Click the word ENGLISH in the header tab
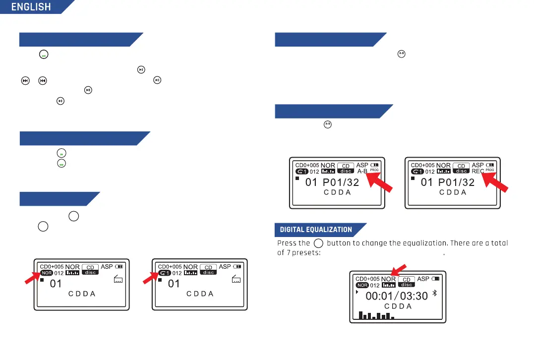tap(31, 7)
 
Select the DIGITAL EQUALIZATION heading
tap(316, 230)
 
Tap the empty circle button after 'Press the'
tap(318, 243)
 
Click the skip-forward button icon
tap(25, 81)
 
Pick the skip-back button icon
tap(43, 81)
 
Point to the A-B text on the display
tap(362, 171)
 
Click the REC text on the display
tap(477, 171)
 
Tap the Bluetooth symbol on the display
tap(434, 293)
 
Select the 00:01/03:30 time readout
tap(397, 296)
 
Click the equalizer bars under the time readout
tap(376, 315)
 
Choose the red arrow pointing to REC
tap(495, 182)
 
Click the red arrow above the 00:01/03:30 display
tap(399, 270)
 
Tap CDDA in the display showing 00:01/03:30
tap(398, 306)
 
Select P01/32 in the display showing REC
tap(456, 182)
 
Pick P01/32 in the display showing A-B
tap(341, 182)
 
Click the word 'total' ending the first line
tap(499, 243)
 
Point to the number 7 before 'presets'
tap(289, 253)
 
